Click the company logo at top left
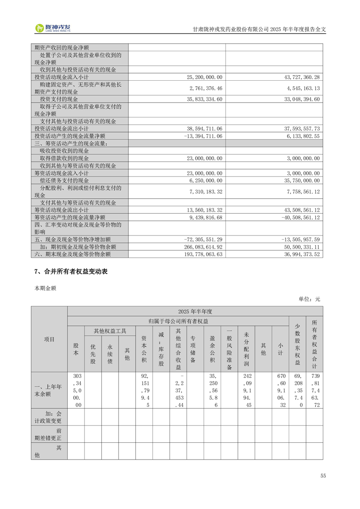[x=54, y=28]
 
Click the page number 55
[x=323, y=475]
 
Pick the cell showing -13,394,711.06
[x=203, y=136]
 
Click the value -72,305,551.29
[x=203, y=239]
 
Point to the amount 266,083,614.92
[x=203, y=247]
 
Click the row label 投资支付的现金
[x=59, y=99]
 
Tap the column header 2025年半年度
[x=195, y=311]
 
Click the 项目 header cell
[x=49, y=339]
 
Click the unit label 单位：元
[x=309, y=299]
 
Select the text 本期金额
[x=45, y=288]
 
